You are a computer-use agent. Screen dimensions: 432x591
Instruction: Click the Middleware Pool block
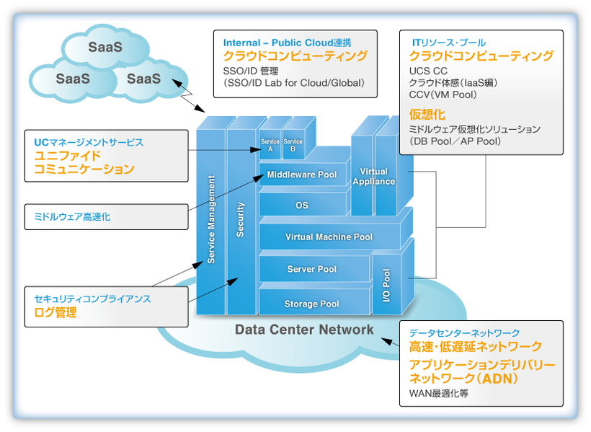tap(301, 175)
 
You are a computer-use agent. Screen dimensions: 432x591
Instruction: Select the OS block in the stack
tap(301, 206)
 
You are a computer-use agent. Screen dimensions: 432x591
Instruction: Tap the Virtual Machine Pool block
tap(329, 237)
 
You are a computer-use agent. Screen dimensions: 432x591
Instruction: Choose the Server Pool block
tap(311, 269)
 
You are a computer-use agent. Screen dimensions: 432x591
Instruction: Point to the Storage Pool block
tap(311, 304)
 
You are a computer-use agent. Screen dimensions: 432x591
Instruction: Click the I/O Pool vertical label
tap(386, 285)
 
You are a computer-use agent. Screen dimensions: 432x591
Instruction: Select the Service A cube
tap(270, 145)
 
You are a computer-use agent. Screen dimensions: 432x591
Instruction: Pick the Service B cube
tap(293, 145)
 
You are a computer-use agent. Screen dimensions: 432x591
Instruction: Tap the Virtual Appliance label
tap(373, 177)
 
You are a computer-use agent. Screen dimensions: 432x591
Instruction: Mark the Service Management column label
tap(211, 220)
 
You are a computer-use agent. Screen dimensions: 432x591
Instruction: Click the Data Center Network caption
tap(304, 330)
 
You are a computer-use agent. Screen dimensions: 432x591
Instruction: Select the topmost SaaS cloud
tap(105, 47)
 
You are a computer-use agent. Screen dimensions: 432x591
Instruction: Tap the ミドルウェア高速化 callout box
tap(106, 216)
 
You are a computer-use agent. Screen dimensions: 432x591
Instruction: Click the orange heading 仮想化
tap(427, 114)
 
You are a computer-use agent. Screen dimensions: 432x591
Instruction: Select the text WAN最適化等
tap(438, 394)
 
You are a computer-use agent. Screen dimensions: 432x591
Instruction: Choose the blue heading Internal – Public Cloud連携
tap(288, 43)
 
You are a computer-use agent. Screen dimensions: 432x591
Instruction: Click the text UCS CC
tap(428, 71)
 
